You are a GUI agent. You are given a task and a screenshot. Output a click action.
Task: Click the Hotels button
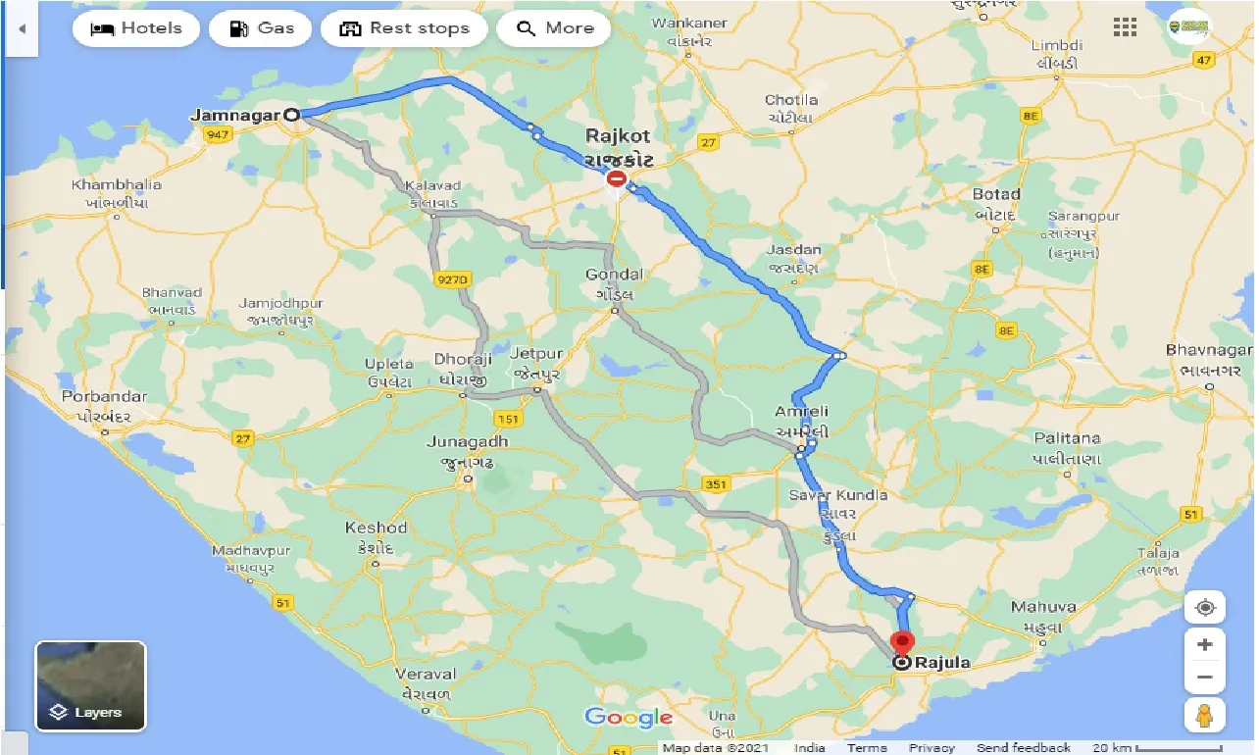pos(136,28)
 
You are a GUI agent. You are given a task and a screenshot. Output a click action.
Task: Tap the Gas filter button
pos(262,28)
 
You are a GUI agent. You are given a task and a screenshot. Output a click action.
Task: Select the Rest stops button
pos(404,28)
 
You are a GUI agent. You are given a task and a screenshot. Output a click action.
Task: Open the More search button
pos(554,28)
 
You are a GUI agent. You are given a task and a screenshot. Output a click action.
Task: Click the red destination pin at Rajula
pos(901,645)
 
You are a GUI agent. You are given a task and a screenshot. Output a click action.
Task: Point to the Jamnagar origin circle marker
pos(291,115)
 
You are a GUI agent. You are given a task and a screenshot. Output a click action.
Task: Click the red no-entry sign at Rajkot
pos(617,178)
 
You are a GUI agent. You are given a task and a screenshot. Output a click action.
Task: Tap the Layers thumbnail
pos(91,686)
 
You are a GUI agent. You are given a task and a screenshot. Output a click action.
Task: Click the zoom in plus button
pos(1205,644)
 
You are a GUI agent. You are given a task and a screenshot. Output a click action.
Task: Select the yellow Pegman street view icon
pos(1205,715)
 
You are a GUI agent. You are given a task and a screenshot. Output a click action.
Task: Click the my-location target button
pos(1205,608)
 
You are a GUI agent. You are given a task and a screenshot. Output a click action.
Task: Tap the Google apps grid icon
pos(1125,27)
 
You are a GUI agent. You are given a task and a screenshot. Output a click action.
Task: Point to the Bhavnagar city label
pos(1209,350)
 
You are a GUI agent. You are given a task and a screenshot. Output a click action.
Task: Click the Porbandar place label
pos(104,397)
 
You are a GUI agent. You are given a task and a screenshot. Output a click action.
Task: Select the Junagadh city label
pos(467,442)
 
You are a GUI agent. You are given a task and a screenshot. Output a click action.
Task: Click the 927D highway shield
pos(452,279)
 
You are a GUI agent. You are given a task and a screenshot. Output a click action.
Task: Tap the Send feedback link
pos(1023,748)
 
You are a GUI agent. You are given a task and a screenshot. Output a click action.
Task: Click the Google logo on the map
pos(629,718)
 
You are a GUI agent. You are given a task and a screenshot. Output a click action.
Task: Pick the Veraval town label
pos(426,675)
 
